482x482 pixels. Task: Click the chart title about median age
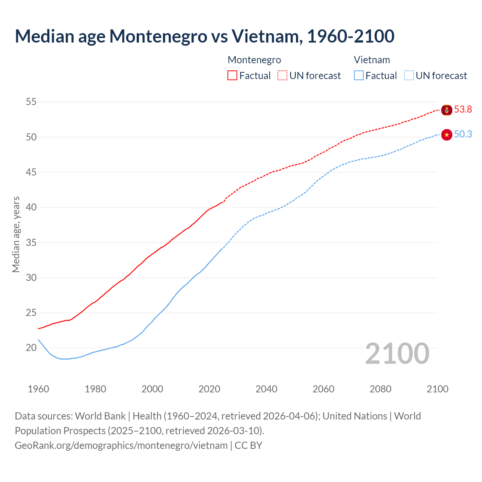click(204, 36)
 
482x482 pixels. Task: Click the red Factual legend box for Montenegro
click(232, 75)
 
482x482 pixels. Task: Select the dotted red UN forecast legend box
click(282, 75)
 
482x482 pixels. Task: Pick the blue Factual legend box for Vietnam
click(359, 75)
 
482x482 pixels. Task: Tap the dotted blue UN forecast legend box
click(409, 75)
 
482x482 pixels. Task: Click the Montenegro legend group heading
click(254, 60)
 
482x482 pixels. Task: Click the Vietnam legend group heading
click(372, 60)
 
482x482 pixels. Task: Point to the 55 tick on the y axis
click(31, 102)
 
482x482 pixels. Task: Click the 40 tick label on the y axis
click(31, 207)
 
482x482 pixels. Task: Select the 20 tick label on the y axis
click(31, 348)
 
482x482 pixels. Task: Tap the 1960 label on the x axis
click(38, 389)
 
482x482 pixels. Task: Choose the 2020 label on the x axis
click(209, 389)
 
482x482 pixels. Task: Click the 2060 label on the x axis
click(323, 389)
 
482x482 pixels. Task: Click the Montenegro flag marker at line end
click(447, 110)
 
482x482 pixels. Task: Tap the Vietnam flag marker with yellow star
click(447, 135)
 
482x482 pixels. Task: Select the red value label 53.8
click(463, 110)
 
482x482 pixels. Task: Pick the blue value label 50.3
click(463, 134)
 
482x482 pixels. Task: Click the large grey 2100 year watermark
click(397, 354)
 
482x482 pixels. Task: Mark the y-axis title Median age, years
click(16, 234)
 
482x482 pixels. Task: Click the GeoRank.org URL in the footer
click(121, 445)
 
